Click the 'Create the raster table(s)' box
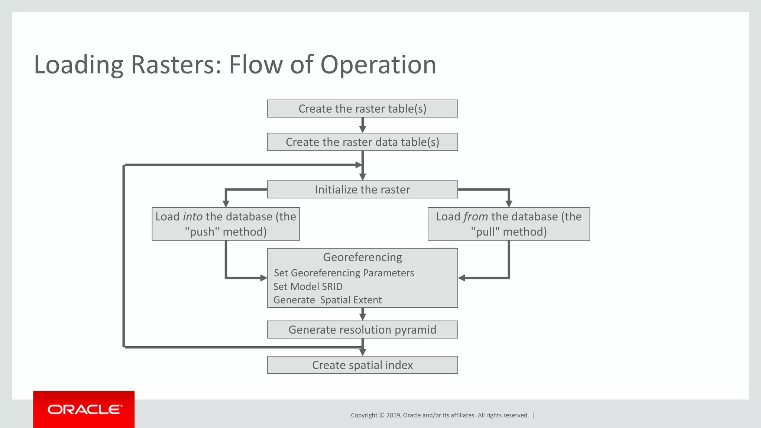tap(362, 108)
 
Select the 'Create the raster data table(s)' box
tap(362, 142)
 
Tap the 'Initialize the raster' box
tap(362, 189)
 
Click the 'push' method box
tap(226, 224)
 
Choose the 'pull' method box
tap(509, 224)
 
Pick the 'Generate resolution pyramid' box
tap(362, 330)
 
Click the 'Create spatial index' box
tap(362, 365)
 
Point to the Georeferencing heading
tap(362, 257)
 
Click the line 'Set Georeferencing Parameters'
tap(344, 273)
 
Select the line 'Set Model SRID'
tap(308, 286)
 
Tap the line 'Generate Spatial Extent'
tap(327, 300)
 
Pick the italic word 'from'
tap(475, 217)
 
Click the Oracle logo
tap(84, 409)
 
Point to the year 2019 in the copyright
tap(394, 415)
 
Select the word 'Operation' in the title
tap(378, 65)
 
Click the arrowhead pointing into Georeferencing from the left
tap(264, 278)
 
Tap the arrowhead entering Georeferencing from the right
tap(462, 278)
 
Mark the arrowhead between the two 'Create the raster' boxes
tap(363, 129)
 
